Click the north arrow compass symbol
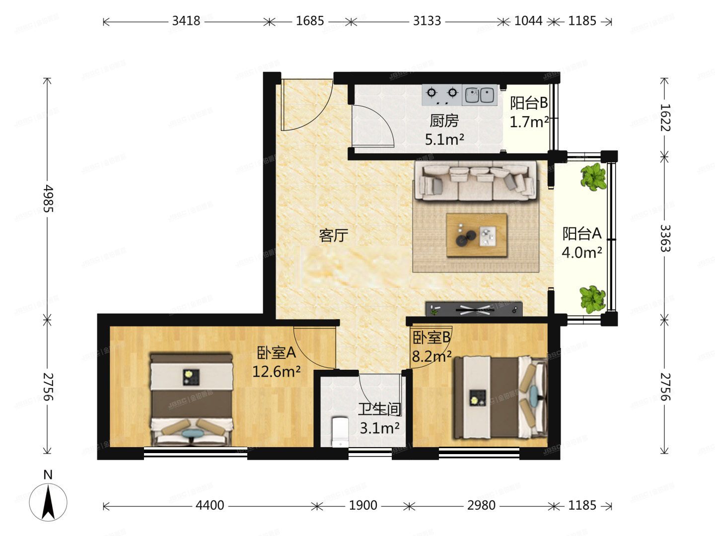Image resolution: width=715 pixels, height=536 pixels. click(x=48, y=501)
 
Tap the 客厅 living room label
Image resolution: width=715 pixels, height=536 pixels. click(x=333, y=235)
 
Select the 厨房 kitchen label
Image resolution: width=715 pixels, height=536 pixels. click(x=444, y=121)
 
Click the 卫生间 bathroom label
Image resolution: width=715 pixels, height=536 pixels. click(x=380, y=409)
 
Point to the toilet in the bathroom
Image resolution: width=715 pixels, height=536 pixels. click(x=340, y=432)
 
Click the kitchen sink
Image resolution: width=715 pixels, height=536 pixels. click(x=480, y=95)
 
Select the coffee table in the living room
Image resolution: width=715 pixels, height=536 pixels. click(x=477, y=235)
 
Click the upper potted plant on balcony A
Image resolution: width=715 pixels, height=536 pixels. click(x=593, y=177)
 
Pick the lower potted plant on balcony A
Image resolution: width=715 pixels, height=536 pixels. click(x=593, y=298)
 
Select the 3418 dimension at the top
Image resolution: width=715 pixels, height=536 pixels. click(x=186, y=21)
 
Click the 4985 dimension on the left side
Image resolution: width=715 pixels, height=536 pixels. click(x=48, y=199)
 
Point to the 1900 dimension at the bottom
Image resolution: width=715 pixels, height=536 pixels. click(x=363, y=506)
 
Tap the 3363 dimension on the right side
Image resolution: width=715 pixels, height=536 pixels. click(x=665, y=238)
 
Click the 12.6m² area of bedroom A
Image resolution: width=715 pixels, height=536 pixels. click(x=276, y=371)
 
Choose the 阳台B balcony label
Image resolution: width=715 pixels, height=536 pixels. click(x=529, y=103)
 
